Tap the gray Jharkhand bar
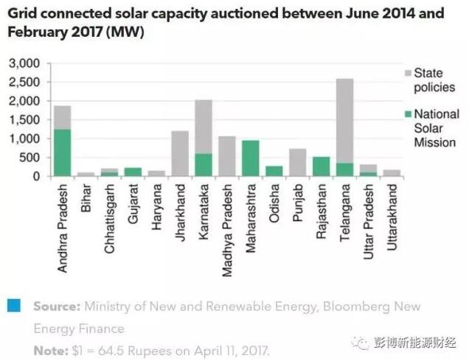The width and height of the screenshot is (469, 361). [x=181, y=153]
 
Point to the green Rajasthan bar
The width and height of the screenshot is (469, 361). [x=322, y=167]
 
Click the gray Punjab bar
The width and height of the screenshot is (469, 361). [x=298, y=162]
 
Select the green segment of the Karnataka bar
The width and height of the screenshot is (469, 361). [x=204, y=164]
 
